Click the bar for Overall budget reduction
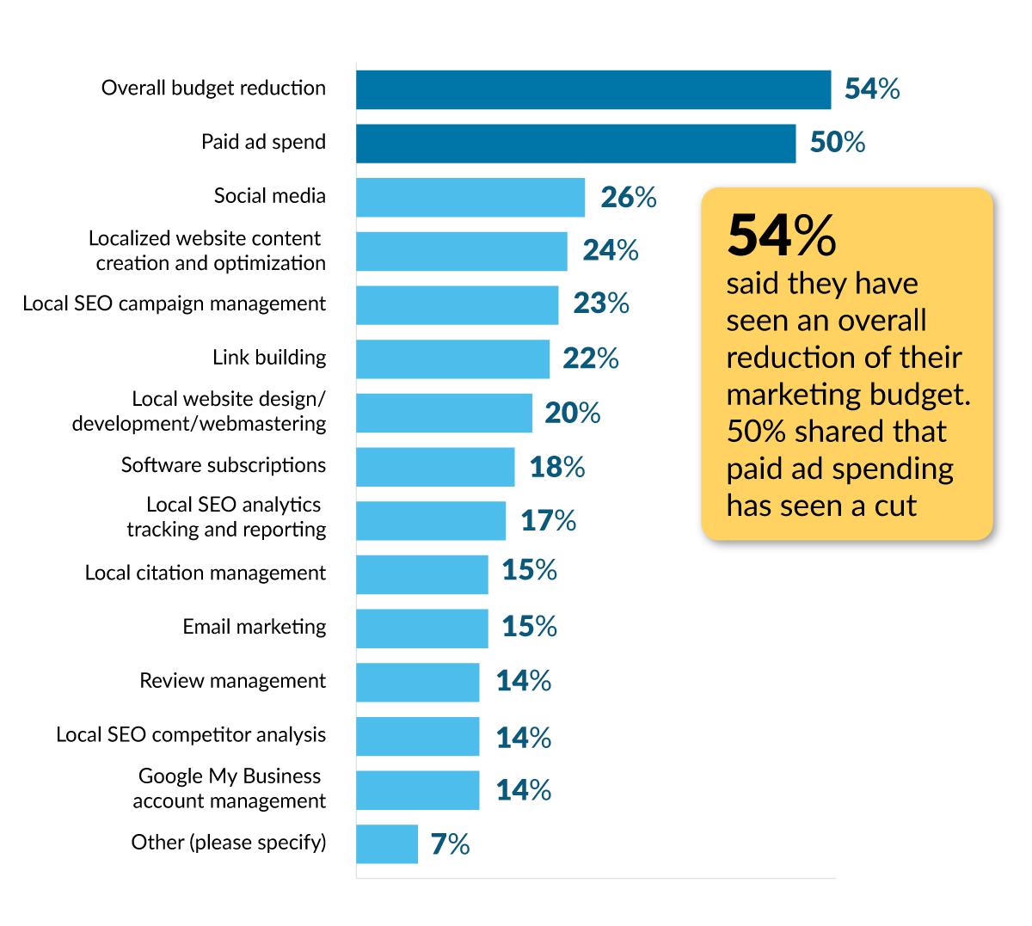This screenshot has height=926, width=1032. [593, 89]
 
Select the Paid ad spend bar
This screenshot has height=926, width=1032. [575, 144]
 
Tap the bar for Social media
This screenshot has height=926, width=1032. [470, 197]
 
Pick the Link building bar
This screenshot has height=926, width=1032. [452, 359]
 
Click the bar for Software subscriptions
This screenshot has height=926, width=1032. [435, 467]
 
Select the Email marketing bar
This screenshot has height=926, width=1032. [421, 628]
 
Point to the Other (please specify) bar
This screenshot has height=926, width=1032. [386, 843]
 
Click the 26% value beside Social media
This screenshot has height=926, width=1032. [628, 198]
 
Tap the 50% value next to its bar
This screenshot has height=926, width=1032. [837, 143]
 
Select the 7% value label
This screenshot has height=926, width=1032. [450, 845]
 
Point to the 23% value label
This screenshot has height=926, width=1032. [601, 304]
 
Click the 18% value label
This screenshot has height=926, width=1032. [557, 467]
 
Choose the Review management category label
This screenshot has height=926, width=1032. [232, 681]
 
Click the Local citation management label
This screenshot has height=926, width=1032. [205, 573]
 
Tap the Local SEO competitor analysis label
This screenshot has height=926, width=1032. [191, 735]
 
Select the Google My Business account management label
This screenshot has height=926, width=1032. [229, 788]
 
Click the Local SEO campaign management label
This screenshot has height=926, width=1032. [175, 304]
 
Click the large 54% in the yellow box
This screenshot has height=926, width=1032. [781, 235]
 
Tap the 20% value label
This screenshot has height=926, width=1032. [572, 414]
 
